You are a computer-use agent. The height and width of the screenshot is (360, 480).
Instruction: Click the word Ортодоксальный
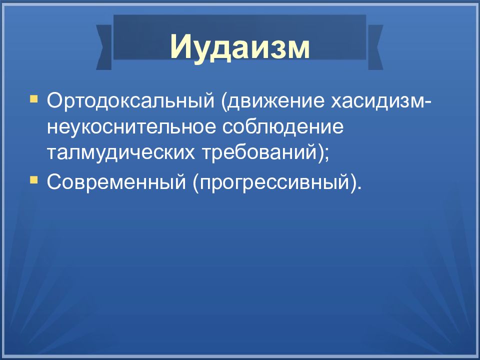130,100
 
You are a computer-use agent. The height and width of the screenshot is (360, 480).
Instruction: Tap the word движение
275,101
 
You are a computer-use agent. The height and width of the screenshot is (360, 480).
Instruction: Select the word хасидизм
376,100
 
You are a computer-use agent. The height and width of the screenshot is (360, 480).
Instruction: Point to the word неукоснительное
131,127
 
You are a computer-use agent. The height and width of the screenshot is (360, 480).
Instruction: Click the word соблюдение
283,127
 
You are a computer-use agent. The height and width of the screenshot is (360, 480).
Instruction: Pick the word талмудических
120,153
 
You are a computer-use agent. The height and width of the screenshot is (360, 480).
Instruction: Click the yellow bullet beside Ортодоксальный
33,99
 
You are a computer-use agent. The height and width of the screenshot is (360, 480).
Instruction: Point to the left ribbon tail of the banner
104,47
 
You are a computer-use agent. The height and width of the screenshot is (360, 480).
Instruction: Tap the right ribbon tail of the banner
375,47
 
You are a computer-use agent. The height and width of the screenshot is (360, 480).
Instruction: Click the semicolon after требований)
325,154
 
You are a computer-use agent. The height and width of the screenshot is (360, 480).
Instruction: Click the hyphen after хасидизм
426,102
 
